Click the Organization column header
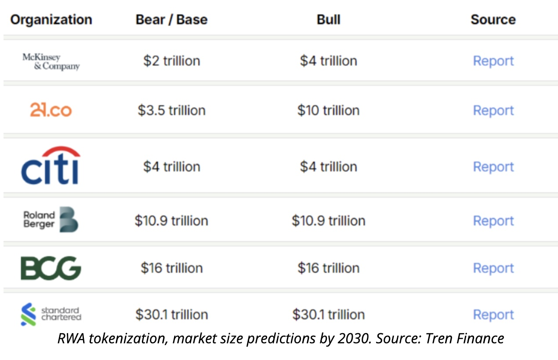[51, 20]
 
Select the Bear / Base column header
[171, 20]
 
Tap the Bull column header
[328, 20]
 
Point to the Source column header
[493, 20]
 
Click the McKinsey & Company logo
[51, 62]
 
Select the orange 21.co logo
[51, 110]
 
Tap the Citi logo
[51, 166]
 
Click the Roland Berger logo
[51, 220]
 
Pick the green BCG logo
[51, 268]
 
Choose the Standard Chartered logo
[51, 314]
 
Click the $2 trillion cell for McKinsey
[171, 61]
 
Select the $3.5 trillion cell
[171, 110]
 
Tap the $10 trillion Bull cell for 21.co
[328, 110]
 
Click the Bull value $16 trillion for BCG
[328, 268]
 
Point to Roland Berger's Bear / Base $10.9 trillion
[171, 220]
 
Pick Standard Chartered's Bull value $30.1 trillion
[328, 314]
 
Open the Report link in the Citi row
[493, 167]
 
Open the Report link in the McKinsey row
[493, 61]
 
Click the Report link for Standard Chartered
[493, 315]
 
